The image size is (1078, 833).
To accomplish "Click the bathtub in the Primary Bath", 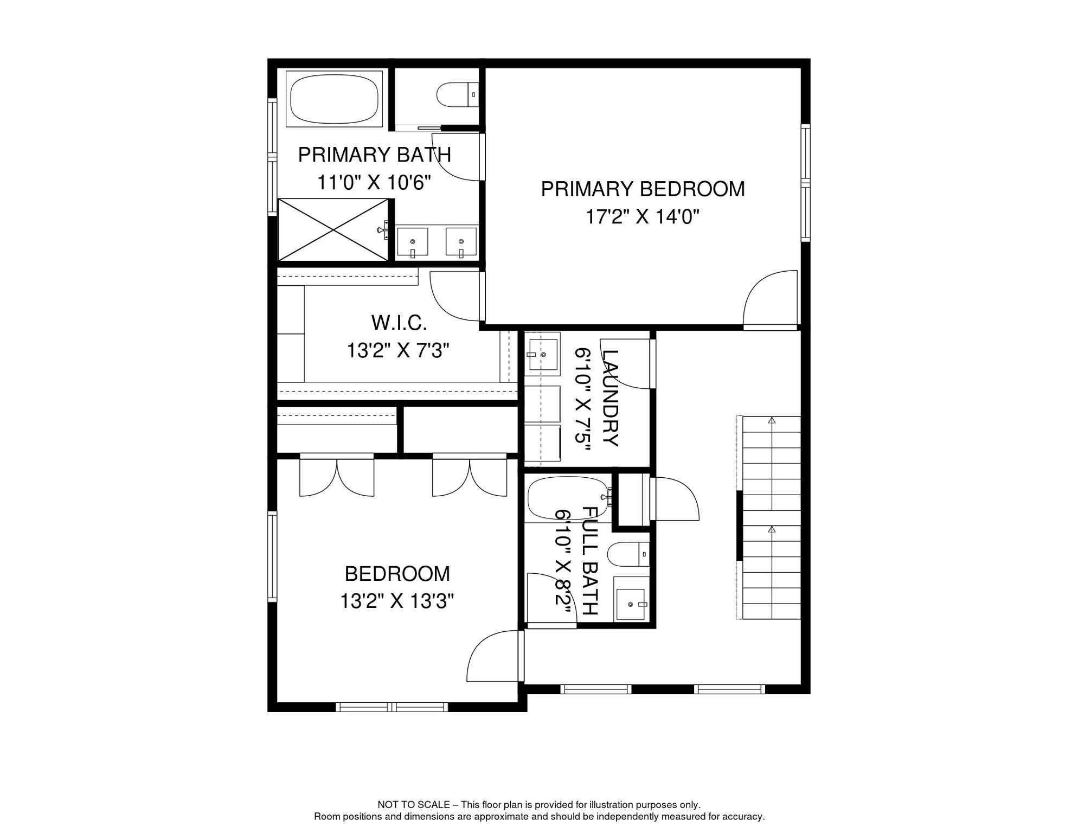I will (334, 98).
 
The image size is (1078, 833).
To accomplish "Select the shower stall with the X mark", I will (333, 230).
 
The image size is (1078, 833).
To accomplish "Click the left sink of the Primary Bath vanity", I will (412, 242).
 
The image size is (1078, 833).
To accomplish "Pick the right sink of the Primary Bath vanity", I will (461, 242).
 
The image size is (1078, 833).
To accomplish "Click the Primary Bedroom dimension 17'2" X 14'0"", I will (642, 217).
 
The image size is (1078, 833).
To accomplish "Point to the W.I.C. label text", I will (399, 323).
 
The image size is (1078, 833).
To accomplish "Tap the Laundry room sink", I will (543, 355).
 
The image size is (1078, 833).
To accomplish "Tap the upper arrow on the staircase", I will (772, 420).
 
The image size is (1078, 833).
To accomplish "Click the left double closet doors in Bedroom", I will (337, 477).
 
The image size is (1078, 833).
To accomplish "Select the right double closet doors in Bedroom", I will (470, 477).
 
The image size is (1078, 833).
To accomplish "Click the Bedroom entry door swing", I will (491, 657).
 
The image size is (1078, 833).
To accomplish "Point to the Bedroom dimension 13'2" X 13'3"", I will (397, 601).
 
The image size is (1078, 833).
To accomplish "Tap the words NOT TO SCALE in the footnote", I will (413, 805).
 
